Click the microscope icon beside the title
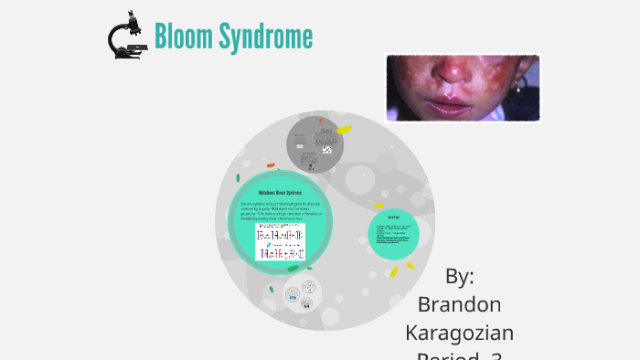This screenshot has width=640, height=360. (127, 36)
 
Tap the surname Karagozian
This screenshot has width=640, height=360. (458, 333)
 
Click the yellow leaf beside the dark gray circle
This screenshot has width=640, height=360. (344, 130)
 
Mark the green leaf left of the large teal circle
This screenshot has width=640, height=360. (238, 177)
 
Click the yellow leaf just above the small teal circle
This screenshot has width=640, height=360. (378, 206)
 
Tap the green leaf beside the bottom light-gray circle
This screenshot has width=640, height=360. (271, 290)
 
